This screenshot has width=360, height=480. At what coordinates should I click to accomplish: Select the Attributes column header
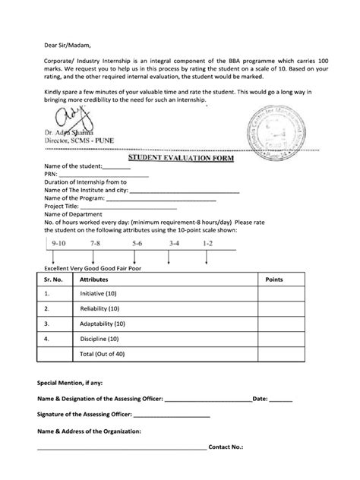(96, 279)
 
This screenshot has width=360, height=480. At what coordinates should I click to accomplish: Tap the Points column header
(273, 279)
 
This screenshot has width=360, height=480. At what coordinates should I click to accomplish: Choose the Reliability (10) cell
(99, 309)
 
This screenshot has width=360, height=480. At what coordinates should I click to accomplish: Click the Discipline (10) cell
(99, 339)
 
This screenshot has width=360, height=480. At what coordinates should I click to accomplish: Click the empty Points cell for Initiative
(273, 293)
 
